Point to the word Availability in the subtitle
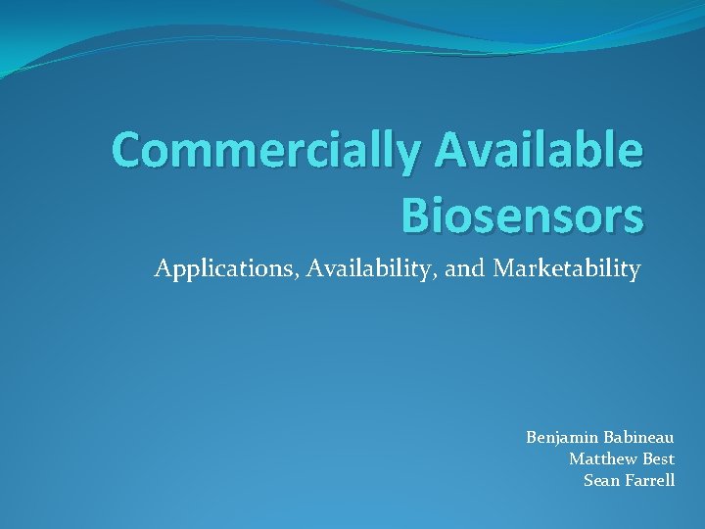click(372, 268)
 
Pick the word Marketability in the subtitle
click(567, 268)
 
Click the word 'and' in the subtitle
click(464, 268)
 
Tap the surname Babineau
click(639, 437)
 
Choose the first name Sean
click(600, 480)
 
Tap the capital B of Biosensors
click(417, 214)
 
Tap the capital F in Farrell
click(629, 480)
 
